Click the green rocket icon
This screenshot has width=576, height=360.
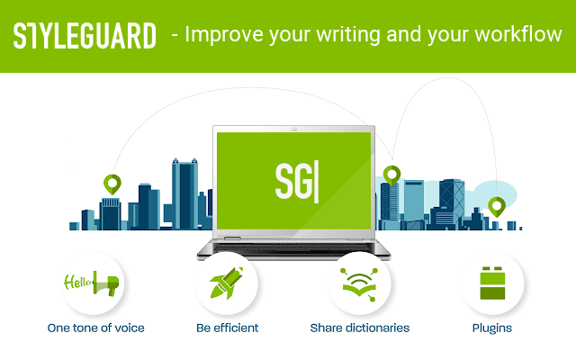click(x=227, y=283)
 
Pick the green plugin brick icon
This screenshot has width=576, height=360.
click(x=492, y=283)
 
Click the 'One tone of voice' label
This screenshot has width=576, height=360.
click(x=96, y=328)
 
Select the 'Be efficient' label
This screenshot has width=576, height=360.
click(x=227, y=328)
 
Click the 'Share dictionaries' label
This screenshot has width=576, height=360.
click(x=359, y=328)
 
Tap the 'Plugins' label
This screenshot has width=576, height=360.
click(x=492, y=328)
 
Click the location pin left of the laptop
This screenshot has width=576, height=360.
click(x=112, y=185)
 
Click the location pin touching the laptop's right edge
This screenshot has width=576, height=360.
click(x=391, y=175)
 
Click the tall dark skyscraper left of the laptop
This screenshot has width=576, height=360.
click(x=184, y=193)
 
